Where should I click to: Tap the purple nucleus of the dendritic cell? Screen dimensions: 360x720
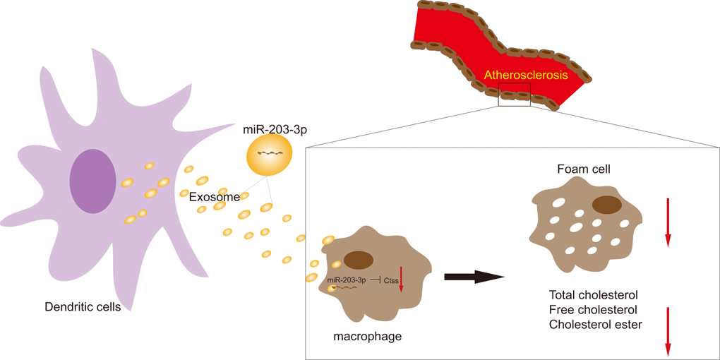pos(92,180)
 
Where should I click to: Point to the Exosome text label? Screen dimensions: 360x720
pos(215,197)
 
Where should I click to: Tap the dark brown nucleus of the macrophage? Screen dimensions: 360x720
pos(359,260)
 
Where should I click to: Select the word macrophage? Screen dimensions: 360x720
pos(367,336)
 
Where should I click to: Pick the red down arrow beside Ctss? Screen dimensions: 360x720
pos(401,277)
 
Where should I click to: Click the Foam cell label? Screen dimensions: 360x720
pos(584,170)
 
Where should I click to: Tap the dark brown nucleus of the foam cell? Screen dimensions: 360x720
pos(607,205)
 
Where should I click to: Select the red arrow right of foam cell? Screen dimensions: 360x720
pos(667,222)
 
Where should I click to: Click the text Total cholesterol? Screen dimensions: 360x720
pos(593,294)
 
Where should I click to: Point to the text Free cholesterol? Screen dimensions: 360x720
pos(592,310)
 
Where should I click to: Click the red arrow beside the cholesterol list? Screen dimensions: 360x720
pos(667,332)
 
